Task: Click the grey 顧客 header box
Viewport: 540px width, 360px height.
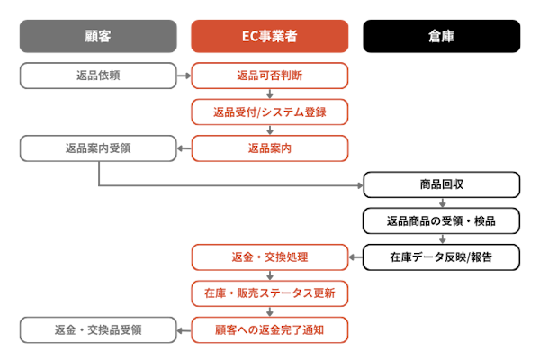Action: [x=98, y=37]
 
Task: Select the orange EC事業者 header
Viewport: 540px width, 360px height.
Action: [x=269, y=37]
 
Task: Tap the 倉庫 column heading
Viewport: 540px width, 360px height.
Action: [x=441, y=37]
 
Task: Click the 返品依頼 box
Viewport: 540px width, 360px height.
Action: [x=98, y=76]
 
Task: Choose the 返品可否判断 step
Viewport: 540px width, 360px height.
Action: [x=269, y=76]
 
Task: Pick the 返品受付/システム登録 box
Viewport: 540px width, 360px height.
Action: [x=269, y=112]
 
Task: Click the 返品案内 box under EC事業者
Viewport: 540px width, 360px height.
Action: [x=269, y=148]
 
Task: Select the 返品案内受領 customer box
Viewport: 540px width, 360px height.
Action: [x=98, y=148]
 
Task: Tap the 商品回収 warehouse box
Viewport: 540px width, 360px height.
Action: [x=441, y=185]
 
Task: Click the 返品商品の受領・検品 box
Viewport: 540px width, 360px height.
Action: [x=441, y=221]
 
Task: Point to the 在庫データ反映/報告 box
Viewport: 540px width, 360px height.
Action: [x=441, y=257]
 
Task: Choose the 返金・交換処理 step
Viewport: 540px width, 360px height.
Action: [x=269, y=257]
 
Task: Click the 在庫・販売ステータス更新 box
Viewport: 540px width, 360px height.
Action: [x=269, y=293]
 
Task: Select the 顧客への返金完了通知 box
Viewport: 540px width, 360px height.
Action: [x=269, y=329]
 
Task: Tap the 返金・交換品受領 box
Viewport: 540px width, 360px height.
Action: [x=98, y=329]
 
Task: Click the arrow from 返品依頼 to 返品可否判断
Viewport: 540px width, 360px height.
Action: [x=184, y=76]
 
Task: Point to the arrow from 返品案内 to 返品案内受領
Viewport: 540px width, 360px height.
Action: [x=184, y=148]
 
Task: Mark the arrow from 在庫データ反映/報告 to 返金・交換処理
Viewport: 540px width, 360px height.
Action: [x=355, y=257]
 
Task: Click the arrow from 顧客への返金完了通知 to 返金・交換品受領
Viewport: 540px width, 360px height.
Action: [x=184, y=329]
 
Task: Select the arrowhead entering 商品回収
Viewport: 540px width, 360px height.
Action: [x=359, y=186]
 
